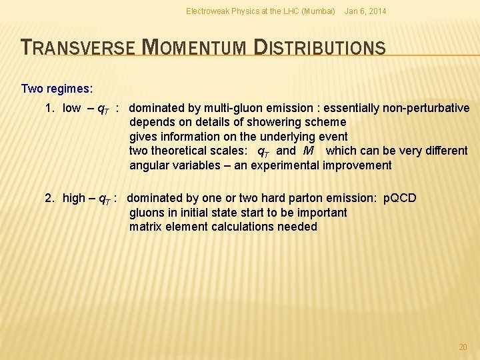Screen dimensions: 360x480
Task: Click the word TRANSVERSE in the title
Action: click(78, 47)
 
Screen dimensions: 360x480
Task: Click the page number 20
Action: click(463, 347)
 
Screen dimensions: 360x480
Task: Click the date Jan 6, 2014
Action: click(365, 11)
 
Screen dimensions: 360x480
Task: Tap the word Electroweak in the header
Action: click(207, 11)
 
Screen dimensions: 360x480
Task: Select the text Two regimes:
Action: click(57, 89)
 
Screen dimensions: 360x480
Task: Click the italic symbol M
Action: click(307, 151)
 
